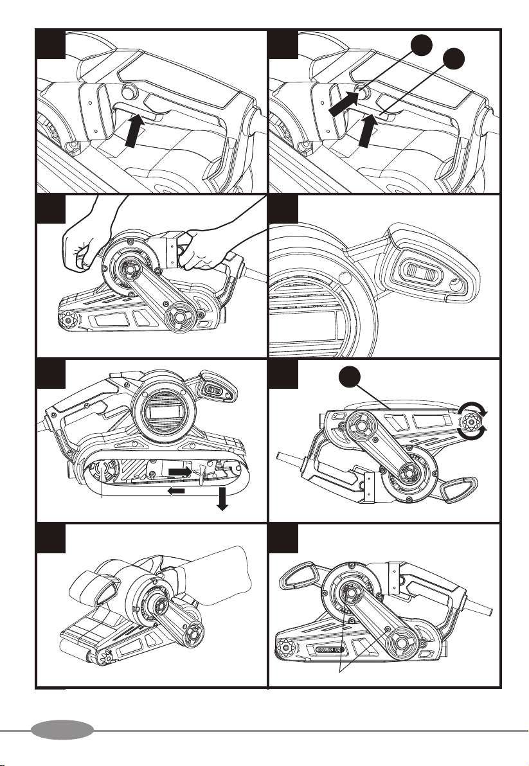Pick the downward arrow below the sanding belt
(222, 499)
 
